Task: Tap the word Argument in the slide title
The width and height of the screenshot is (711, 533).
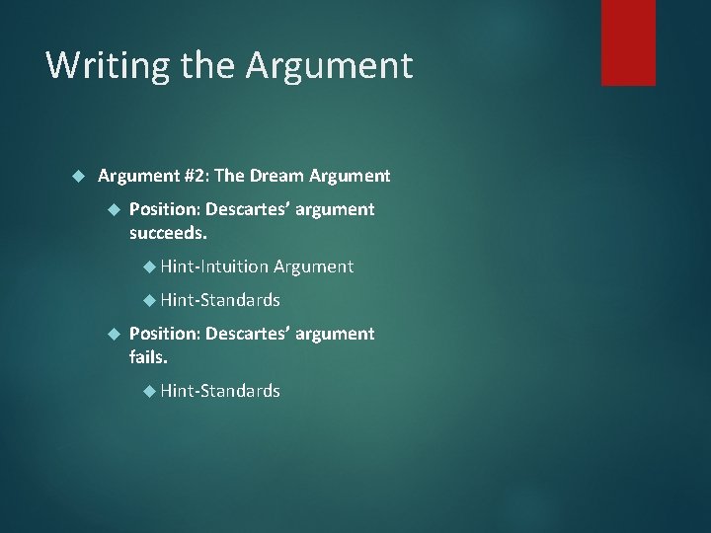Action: pos(329,66)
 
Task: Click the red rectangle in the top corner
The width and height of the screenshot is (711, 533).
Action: pos(628,41)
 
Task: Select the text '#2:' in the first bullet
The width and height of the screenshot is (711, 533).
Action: pos(196,176)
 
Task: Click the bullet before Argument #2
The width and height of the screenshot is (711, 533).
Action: pos(81,176)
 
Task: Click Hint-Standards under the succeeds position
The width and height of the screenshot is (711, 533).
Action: pos(220,299)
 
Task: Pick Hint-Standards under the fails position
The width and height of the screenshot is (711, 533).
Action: pos(220,391)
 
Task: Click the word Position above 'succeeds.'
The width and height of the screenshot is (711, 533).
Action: pos(165,209)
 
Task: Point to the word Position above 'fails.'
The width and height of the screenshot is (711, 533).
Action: pos(165,334)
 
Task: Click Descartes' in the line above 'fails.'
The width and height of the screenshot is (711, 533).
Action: pos(247,334)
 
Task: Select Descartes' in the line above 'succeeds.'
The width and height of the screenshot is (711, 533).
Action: pos(247,209)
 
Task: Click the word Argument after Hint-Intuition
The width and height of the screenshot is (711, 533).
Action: pos(313,266)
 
